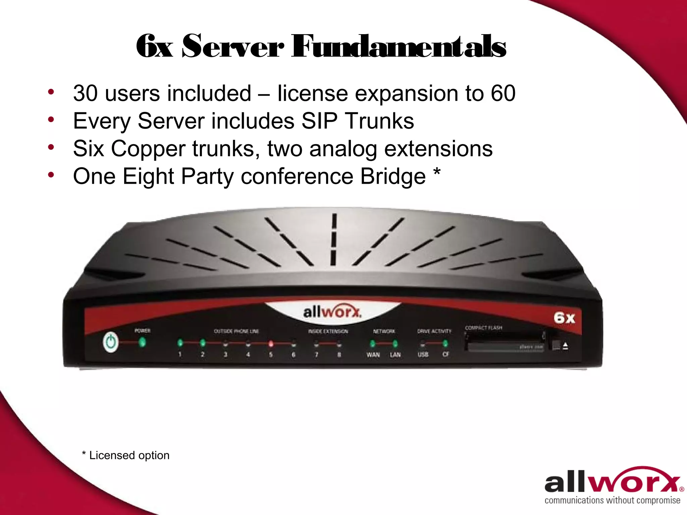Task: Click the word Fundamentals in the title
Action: click(x=399, y=47)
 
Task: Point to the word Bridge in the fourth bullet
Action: click(x=393, y=176)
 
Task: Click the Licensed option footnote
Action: click(x=126, y=455)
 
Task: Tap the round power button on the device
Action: click(x=111, y=342)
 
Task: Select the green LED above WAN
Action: click(x=372, y=344)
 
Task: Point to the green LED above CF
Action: click(x=445, y=343)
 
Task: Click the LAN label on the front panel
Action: click(x=395, y=355)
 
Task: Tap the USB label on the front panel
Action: click(x=423, y=354)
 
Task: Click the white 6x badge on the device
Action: click(x=564, y=318)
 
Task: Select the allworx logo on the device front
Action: click(x=332, y=312)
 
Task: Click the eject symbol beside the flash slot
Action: click(x=565, y=346)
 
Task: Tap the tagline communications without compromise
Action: click(x=612, y=501)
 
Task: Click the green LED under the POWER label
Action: click(x=142, y=342)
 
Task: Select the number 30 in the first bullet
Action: click(x=85, y=93)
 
